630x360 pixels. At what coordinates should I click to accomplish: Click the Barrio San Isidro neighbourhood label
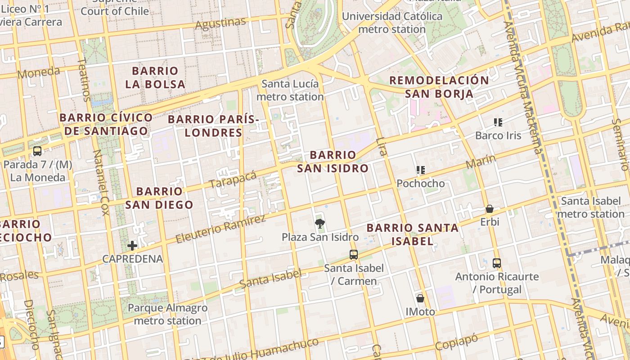coord(333,162)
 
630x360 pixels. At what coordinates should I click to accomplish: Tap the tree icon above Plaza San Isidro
coord(320,223)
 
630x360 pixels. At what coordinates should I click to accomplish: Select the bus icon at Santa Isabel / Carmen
coord(354,255)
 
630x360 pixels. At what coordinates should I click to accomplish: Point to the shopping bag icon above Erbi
coord(490,209)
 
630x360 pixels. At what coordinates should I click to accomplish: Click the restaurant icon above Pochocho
coord(421,170)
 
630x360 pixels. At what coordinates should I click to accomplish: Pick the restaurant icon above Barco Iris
coord(498,122)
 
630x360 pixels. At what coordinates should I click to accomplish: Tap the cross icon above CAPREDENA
coord(132,245)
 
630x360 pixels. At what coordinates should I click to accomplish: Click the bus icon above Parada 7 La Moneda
coord(37,151)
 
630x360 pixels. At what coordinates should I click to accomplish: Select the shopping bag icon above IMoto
coord(420,298)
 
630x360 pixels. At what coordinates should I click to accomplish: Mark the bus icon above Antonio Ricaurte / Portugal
coord(497,263)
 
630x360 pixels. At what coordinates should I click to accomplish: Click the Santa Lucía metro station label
coord(290,90)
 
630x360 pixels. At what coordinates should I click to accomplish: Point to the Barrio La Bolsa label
coord(155,77)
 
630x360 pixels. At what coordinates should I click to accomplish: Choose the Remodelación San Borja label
coord(439,87)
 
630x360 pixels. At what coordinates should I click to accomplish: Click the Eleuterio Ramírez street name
coord(220,229)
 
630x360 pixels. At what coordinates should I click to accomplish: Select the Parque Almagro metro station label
coord(167,314)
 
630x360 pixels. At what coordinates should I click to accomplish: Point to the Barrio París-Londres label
coord(213,126)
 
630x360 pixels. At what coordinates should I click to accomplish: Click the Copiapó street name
coord(456,342)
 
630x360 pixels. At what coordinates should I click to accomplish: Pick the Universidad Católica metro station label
coord(392,22)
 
